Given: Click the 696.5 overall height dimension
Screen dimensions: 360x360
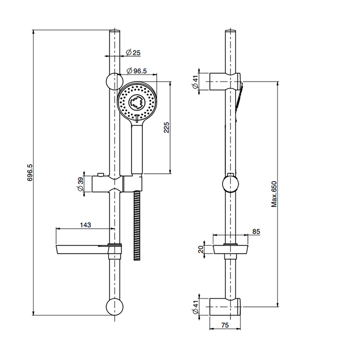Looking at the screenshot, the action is point(30,172).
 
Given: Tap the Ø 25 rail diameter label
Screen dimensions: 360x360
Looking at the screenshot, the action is point(133,52).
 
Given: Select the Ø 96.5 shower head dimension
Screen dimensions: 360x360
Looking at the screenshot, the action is point(137,71).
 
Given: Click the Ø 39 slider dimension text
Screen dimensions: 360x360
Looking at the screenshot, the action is point(81,185).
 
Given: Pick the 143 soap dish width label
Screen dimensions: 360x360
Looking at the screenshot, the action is point(85,225).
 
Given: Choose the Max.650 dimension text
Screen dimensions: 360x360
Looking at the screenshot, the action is point(274,194).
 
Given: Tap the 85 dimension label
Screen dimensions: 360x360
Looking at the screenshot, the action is point(256,231).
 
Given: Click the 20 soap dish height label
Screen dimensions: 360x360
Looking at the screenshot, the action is point(201,249).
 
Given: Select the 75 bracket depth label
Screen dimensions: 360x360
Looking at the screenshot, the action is point(225,325).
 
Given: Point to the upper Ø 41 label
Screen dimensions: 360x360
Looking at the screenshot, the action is point(195,82).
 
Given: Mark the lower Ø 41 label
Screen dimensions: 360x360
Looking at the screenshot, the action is point(195,307).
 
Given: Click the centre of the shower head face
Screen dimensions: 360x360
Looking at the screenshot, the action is point(137,101).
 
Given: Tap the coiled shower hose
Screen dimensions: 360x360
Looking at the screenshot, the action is point(137,226).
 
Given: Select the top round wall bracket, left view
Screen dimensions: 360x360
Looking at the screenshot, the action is point(115,81).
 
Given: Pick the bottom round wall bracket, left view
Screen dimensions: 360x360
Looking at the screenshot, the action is point(115,307).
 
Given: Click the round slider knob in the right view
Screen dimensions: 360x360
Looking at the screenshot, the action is point(230,184).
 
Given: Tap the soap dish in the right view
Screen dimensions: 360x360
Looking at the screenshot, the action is point(230,249).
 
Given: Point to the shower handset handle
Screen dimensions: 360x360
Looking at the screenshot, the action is point(137,149).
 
